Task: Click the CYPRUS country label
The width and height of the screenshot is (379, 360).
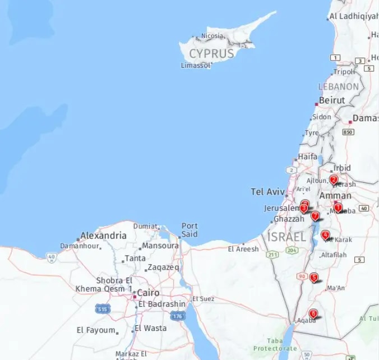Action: tap(211, 54)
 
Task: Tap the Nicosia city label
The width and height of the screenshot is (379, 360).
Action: tap(211, 36)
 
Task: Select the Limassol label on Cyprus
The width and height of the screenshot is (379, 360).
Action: tap(196, 66)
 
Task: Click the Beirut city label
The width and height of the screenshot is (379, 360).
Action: tap(332, 100)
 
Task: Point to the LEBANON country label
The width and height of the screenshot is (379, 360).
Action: tap(338, 87)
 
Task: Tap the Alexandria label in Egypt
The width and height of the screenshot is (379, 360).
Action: tap(103, 236)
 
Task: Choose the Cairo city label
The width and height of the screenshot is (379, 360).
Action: tap(148, 293)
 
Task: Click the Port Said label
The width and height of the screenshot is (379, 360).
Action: tap(189, 230)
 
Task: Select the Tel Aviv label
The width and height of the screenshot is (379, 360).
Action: tap(267, 192)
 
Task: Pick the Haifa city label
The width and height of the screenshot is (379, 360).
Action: tap(307, 156)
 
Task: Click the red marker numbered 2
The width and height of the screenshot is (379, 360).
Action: tap(334, 180)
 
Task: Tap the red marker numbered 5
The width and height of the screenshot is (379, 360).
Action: tap(314, 277)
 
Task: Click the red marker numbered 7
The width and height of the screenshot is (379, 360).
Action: tap(315, 216)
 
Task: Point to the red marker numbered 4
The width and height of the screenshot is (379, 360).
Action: tap(325, 235)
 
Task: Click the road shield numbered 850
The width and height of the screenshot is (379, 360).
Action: tap(348, 132)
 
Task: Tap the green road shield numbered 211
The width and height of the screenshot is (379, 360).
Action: tap(273, 255)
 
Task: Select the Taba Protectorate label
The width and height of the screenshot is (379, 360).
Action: tap(275, 344)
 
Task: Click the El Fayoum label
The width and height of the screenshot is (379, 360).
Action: tap(96, 330)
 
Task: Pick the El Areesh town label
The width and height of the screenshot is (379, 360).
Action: tap(243, 249)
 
